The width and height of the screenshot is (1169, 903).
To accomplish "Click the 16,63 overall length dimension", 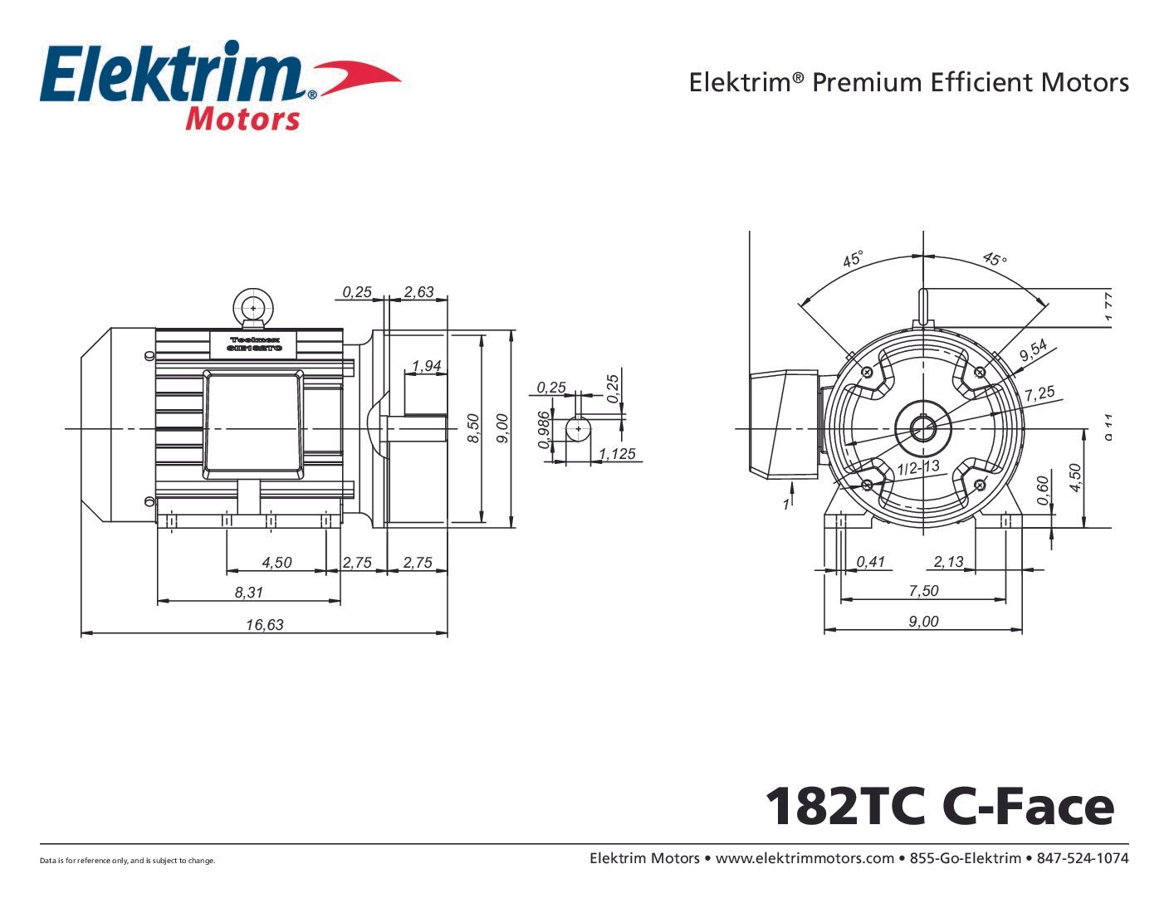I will point(264,624).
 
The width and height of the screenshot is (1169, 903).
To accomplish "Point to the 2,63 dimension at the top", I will point(418,291).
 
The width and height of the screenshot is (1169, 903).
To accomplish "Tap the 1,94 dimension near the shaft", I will point(427,366).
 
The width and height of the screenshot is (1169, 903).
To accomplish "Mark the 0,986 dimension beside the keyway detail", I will point(545,430).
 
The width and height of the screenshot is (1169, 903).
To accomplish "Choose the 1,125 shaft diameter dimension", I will point(617,454).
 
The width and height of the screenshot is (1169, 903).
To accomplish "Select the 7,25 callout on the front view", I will point(1039,393).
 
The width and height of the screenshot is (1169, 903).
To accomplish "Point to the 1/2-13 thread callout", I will point(918,467).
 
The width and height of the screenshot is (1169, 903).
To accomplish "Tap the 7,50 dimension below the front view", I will point(923,590).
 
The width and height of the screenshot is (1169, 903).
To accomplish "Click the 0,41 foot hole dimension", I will point(871,562).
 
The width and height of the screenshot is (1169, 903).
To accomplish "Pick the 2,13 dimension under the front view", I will point(948,562).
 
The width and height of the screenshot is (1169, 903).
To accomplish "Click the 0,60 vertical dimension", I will point(1044,490).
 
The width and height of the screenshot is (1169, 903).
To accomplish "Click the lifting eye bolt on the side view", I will point(252,307).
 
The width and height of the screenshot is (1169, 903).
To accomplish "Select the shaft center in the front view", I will point(922,429).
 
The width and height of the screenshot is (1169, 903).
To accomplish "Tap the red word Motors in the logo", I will point(242,119).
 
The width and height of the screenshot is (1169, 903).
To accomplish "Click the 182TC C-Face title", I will point(939,806).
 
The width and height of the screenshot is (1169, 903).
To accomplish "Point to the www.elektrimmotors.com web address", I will point(805,858).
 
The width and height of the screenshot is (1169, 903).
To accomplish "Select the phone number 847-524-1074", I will point(1083,858).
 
